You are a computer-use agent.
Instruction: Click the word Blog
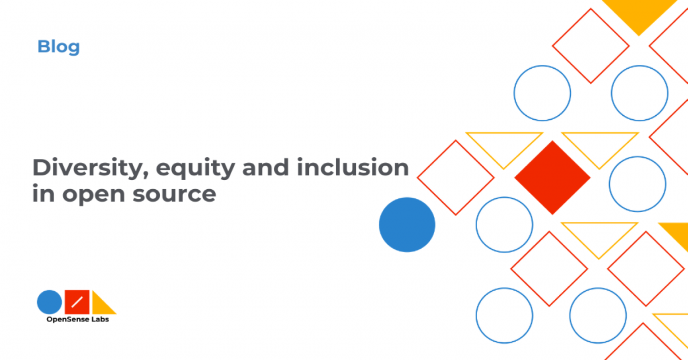click(x=58, y=47)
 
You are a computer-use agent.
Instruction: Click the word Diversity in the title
click(x=91, y=168)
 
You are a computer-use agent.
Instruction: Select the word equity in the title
click(x=196, y=169)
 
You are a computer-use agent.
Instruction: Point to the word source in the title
click(x=174, y=194)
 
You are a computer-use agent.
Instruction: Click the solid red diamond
click(x=553, y=178)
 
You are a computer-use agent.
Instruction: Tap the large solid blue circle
click(x=407, y=225)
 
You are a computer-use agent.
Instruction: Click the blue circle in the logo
click(x=49, y=302)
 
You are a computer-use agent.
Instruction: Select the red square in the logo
click(x=77, y=302)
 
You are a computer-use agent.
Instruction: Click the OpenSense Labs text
click(x=78, y=319)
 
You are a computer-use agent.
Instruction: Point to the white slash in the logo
click(x=77, y=302)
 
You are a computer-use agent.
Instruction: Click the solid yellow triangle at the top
click(x=639, y=14)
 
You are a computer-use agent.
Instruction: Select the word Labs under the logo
click(x=100, y=319)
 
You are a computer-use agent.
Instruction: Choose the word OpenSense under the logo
click(x=68, y=319)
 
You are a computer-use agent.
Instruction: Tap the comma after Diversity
click(x=145, y=175)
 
